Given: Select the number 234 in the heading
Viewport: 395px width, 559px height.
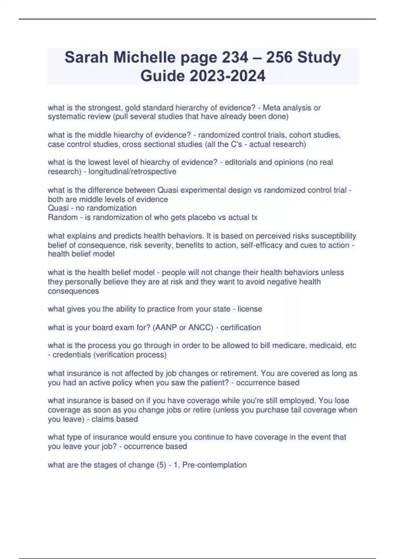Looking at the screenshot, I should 235,57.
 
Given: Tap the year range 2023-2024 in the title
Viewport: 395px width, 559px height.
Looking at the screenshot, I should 227,76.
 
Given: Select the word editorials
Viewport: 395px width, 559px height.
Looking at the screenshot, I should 241,162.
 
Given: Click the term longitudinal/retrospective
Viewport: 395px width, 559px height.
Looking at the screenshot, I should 132,172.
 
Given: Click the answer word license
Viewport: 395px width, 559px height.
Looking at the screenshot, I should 250,309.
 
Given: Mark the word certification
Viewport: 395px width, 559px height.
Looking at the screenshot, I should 241,328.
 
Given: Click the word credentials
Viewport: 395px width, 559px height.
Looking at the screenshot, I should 72,355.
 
